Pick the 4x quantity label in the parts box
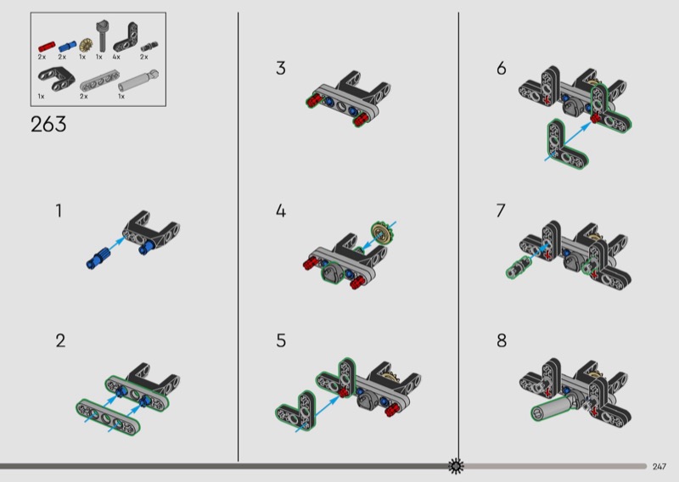[x=117, y=56]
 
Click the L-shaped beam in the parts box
[x=119, y=35]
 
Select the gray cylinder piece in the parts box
[x=136, y=83]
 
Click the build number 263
[x=48, y=125]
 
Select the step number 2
[x=60, y=341]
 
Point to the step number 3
[x=281, y=69]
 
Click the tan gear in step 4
[x=384, y=232]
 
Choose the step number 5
[x=281, y=341]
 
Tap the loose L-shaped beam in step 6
[x=556, y=139]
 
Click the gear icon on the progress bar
[x=457, y=466]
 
